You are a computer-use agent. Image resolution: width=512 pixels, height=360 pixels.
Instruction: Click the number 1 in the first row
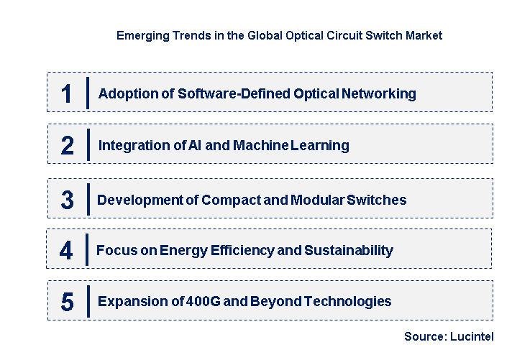click(67, 94)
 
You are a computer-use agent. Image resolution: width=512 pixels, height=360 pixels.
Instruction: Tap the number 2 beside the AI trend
click(67, 146)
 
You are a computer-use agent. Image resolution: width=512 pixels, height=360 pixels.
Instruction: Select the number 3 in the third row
click(67, 200)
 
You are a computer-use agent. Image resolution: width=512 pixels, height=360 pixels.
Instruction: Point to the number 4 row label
click(66, 251)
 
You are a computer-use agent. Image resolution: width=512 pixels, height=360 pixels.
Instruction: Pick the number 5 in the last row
click(67, 302)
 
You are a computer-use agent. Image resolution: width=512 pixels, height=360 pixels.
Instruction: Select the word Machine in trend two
click(261, 145)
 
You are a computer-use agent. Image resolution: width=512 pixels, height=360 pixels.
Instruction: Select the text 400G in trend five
click(197, 301)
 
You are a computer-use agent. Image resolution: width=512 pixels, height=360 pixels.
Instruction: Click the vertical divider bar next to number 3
click(88, 200)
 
